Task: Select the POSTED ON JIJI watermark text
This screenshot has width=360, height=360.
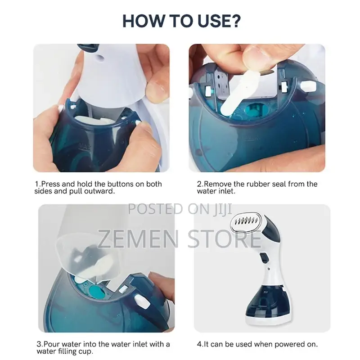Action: [180, 209]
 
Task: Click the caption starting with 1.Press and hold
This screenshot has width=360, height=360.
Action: [98, 187]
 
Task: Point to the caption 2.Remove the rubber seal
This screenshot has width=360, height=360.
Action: [257, 187]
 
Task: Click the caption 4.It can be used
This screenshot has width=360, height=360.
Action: [257, 344]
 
